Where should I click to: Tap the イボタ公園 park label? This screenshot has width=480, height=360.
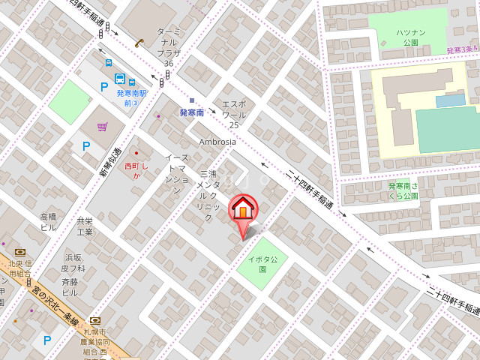pos(258,264)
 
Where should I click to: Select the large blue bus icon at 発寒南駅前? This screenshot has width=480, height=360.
pos(120,78)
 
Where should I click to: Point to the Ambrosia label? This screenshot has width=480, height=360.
pos(217,142)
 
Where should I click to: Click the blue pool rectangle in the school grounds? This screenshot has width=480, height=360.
pos(450,100)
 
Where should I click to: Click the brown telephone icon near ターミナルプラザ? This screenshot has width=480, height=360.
pos(139,43)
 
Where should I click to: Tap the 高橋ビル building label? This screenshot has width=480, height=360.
pos(49,222)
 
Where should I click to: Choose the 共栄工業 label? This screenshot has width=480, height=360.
pos(85,226)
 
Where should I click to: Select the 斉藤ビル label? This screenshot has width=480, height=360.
pos(70,286)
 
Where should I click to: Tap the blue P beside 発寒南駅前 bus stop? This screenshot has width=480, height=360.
pos(104,87)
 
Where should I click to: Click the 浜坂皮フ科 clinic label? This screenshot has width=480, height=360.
pos(73,262)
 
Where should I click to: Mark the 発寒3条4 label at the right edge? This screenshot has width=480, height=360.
pos(462,49)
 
